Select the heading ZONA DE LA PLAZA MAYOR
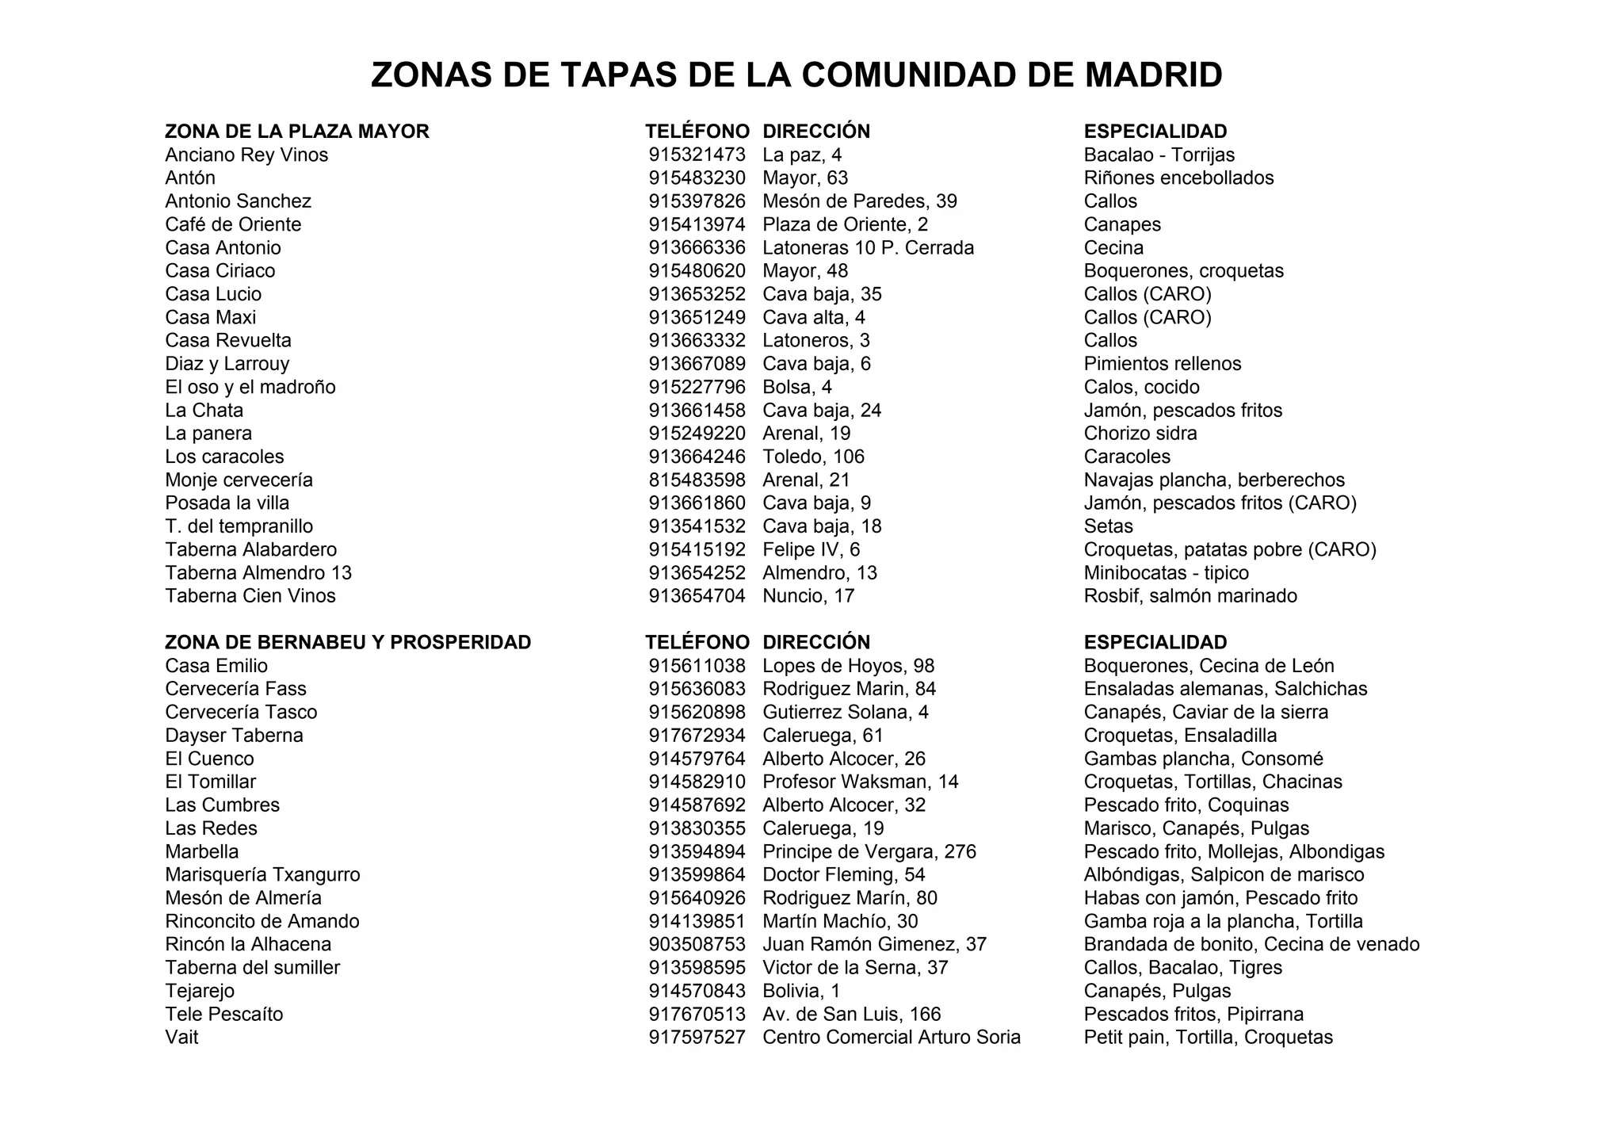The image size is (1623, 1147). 297,132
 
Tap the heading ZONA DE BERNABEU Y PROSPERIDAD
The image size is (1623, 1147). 348,642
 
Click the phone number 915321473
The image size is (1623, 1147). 697,155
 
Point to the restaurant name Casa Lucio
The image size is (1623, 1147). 213,294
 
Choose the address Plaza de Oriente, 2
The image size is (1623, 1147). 845,224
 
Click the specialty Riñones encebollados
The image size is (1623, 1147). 1178,178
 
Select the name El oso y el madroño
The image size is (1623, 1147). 250,387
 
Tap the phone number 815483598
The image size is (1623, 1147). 697,480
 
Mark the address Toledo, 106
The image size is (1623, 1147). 813,457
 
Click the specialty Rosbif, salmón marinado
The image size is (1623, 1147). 1190,595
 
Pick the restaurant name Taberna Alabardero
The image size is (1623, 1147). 251,549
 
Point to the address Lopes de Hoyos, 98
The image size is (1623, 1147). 848,666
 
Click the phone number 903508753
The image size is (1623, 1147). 697,944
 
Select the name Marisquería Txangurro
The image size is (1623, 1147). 262,874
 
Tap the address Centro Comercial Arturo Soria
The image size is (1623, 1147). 892,1037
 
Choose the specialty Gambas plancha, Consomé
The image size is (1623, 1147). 1203,759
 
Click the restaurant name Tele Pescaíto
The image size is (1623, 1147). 224,1014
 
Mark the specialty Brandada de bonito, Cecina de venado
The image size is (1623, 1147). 1251,944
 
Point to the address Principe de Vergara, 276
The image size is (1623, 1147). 869,851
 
